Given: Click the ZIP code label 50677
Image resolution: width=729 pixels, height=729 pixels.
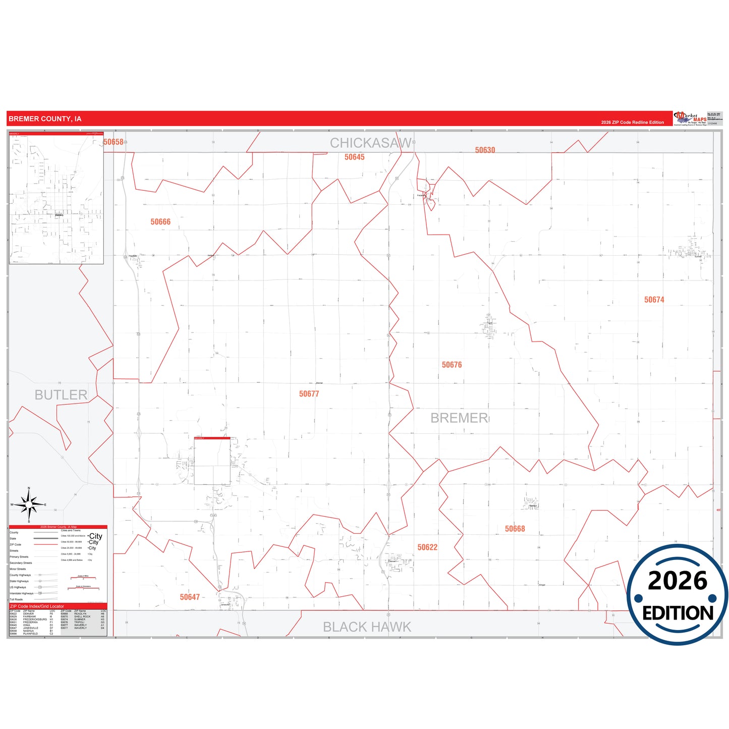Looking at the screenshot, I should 309,394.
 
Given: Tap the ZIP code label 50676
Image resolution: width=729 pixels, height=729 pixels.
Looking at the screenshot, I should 452,365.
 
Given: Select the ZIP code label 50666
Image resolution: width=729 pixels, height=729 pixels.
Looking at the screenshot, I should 160,222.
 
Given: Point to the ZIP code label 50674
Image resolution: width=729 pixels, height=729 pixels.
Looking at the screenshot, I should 654,300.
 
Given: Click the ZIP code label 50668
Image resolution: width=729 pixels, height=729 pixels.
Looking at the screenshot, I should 515,529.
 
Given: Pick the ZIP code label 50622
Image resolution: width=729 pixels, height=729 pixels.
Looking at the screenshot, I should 427,547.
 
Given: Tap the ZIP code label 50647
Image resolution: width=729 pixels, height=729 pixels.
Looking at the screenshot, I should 190,597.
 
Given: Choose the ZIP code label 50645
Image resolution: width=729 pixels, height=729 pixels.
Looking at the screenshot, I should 354,157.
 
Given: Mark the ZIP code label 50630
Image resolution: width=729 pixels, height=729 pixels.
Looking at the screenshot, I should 485,150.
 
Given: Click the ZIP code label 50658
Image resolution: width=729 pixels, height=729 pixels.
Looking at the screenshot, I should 114,142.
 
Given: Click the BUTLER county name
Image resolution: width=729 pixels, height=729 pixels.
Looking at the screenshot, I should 61,395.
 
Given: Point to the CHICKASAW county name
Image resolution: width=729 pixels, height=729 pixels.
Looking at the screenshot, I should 371,143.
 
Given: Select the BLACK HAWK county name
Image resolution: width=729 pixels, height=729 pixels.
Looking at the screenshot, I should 367,627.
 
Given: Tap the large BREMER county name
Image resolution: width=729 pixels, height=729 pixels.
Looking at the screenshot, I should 459,418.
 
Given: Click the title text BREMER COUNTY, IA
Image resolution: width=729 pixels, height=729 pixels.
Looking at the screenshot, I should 45,119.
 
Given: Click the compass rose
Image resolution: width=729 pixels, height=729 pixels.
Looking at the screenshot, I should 29,504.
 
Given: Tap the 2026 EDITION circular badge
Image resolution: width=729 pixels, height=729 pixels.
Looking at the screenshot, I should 677,595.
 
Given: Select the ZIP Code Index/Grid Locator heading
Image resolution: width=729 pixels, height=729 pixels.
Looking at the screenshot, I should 37,606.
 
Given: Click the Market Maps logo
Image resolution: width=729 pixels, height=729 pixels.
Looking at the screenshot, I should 690,119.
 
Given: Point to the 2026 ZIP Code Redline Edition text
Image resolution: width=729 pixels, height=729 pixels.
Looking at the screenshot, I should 632,123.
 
